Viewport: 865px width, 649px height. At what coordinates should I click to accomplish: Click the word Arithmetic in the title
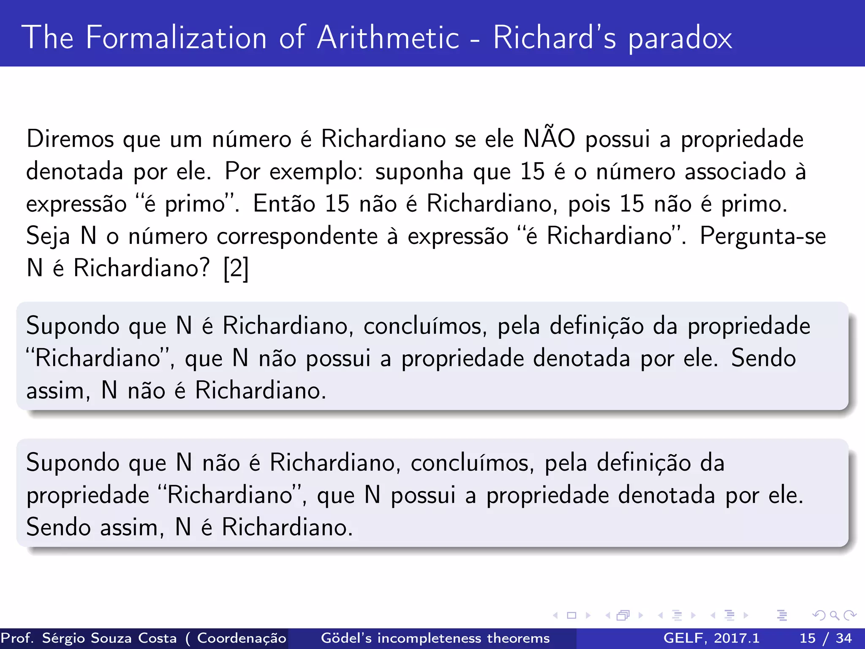388,38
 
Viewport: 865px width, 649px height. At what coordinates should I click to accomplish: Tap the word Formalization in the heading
176,38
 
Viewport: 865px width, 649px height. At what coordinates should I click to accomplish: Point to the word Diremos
70,139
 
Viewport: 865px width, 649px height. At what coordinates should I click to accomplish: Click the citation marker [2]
236,268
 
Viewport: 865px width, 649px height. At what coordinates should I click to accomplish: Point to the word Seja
48,237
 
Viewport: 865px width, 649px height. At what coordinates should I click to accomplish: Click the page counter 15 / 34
825,638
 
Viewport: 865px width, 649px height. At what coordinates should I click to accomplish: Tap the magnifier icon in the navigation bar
834,615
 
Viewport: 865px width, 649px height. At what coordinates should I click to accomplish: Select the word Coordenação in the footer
242,638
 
